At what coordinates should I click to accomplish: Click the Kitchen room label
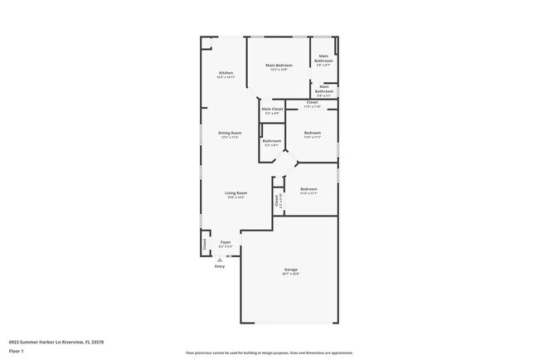tap(226, 73)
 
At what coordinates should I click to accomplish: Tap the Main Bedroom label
tap(279, 65)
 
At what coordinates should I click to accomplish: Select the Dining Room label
tap(230, 133)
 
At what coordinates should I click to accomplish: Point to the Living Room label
tap(236, 192)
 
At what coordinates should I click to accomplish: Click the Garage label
tap(291, 270)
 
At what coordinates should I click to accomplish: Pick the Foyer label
tap(226, 242)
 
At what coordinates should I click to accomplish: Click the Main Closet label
tap(272, 109)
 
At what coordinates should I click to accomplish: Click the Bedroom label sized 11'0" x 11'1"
tap(312, 133)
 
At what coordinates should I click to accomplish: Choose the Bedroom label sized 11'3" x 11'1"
tap(308, 189)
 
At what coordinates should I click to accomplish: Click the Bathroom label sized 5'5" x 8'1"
tap(272, 141)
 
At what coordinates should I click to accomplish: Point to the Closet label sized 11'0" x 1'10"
tap(312, 103)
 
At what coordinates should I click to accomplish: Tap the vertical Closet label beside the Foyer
tap(205, 244)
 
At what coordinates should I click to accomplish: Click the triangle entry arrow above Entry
tap(220, 260)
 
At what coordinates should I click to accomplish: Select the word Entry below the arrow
tap(220, 266)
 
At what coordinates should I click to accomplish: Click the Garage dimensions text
tap(291, 274)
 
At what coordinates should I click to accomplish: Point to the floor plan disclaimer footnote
tap(269, 352)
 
